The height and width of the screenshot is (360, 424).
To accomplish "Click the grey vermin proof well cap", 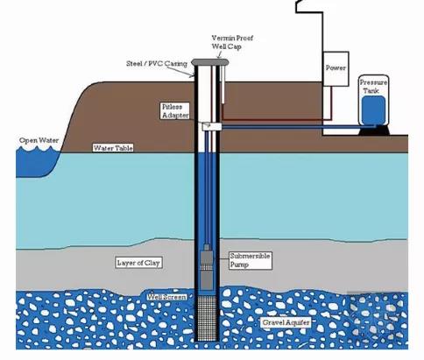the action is click(210, 62).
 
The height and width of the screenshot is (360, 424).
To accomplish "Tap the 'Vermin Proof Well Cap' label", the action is click(232, 42).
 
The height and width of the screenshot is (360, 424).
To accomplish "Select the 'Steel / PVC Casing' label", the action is click(157, 63).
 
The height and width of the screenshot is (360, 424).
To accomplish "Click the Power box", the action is click(336, 69).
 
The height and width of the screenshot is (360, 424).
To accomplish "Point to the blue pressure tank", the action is click(373, 110).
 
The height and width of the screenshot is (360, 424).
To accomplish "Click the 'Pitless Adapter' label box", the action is click(175, 110).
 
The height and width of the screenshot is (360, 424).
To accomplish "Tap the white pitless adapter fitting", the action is click(212, 126).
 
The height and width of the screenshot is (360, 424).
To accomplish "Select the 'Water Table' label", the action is click(113, 148).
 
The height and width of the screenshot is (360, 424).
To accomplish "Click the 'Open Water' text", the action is click(39, 140).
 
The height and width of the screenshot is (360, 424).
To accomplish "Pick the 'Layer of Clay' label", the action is click(138, 263).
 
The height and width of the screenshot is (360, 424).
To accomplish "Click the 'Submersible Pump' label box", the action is click(251, 260).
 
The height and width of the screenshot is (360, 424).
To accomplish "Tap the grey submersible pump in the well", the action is click(207, 267).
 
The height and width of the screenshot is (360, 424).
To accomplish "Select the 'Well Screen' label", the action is click(166, 297).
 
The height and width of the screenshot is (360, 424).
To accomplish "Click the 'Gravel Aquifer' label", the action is click(286, 322).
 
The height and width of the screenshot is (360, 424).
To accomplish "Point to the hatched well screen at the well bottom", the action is click(207, 318).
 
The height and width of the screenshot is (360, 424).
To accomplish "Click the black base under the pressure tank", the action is click(374, 131).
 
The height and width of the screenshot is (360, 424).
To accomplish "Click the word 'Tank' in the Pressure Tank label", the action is click(371, 91).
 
